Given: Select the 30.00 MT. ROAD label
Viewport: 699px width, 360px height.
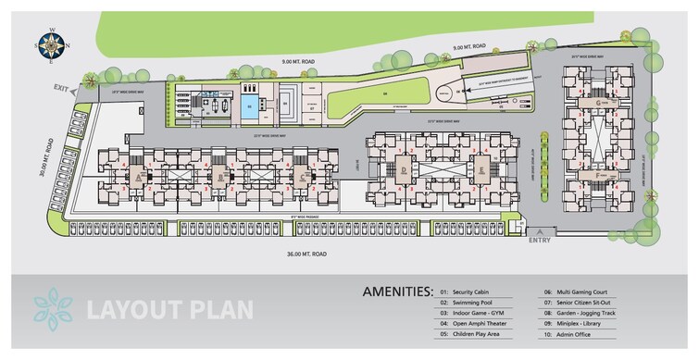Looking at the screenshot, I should [41, 164].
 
